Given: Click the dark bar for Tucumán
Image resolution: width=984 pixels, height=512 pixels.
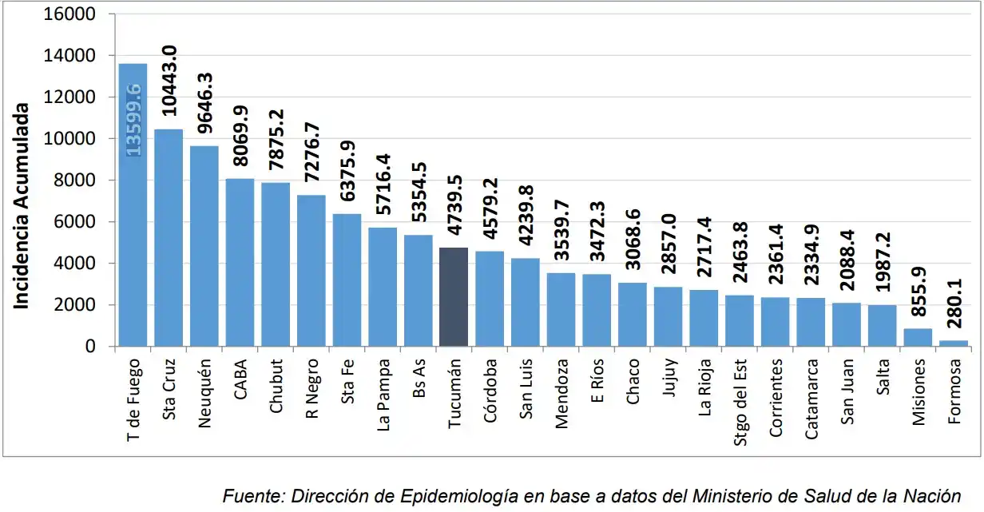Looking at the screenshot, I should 454,297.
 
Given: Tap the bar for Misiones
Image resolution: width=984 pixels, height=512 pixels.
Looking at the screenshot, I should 918,338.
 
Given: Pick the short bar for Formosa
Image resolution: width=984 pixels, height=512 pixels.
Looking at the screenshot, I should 953,343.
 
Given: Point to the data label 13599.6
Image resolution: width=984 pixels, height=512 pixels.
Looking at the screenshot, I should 133,119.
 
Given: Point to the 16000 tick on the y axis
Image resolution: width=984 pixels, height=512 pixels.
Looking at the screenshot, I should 73,14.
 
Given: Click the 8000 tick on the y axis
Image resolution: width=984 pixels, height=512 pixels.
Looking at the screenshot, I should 77,181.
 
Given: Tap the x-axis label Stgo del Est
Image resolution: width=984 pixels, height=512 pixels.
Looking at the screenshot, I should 740,395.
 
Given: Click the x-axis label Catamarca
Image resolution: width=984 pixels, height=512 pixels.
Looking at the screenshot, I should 811,397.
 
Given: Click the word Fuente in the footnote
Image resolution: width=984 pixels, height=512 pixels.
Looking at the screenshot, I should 250,495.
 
